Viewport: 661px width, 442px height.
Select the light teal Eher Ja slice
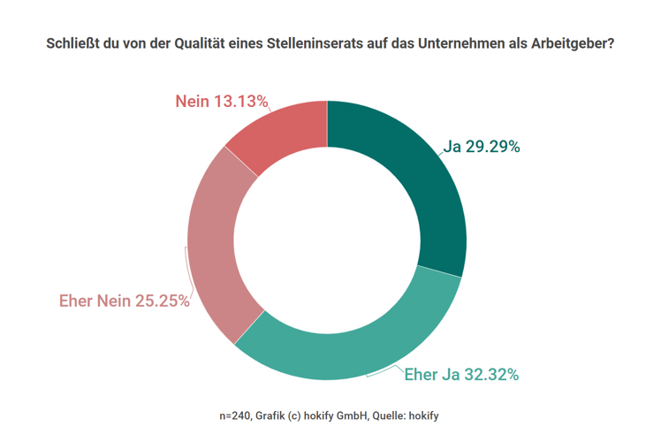(353, 340)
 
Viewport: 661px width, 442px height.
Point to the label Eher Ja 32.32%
(460, 375)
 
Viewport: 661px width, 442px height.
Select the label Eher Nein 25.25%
(124, 301)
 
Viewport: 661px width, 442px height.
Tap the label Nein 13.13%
(221, 102)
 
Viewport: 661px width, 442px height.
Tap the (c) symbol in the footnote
(301, 415)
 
